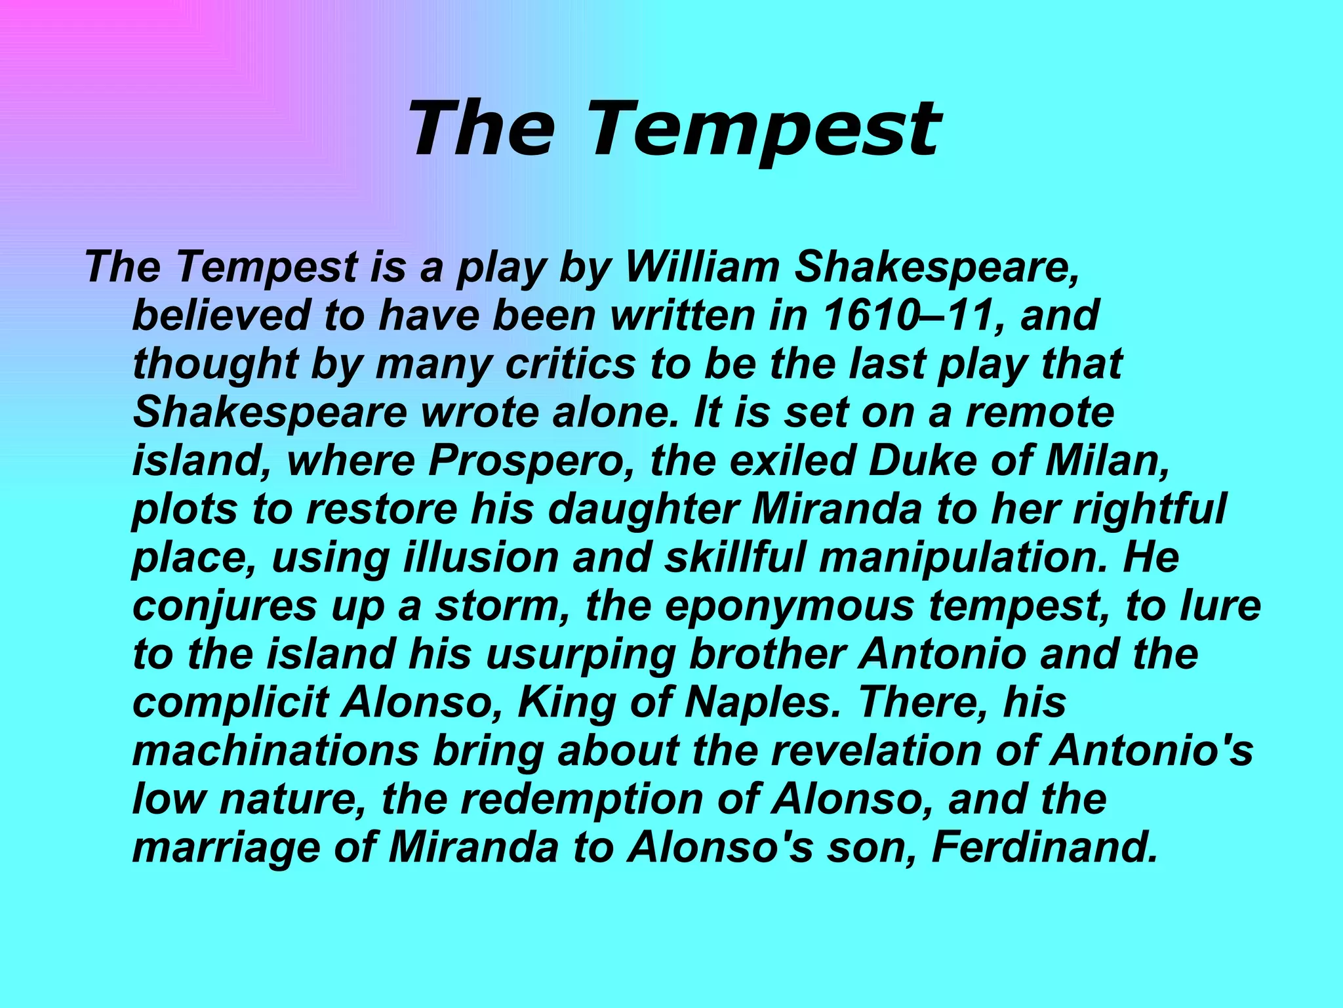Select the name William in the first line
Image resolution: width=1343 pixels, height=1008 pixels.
pyautogui.click(x=702, y=267)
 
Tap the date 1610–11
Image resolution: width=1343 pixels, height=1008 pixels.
pyautogui.click(x=912, y=316)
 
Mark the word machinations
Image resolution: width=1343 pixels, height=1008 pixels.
pyautogui.click(x=275, y=751)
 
